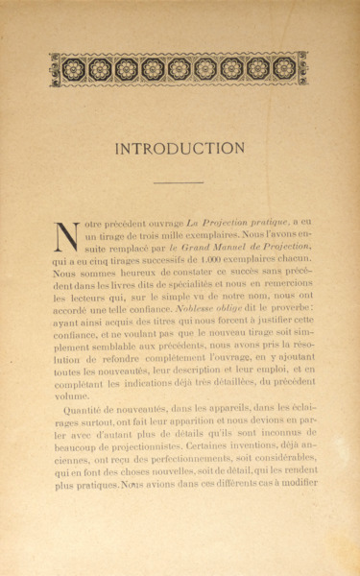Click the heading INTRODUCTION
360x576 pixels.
tap(180, 149)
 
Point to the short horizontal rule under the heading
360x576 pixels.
tap(180, 180)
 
